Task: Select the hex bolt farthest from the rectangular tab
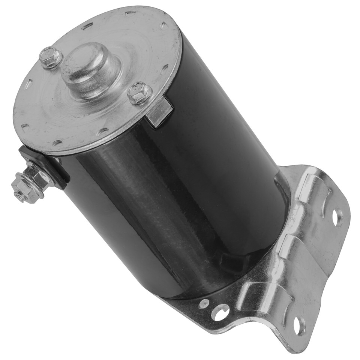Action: pos(51,57)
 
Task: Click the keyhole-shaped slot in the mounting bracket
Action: pos(220,311)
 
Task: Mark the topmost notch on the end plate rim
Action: pos(131,13)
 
